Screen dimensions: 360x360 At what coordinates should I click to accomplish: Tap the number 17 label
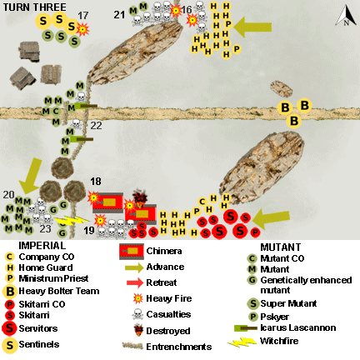coord(82,15)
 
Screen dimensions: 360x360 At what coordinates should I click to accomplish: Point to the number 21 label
coord(119,12)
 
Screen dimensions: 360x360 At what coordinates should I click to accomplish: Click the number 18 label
coord(96,182)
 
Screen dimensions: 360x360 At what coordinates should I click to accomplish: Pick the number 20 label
coord(8,194)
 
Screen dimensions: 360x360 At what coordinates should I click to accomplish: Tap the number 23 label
coord(45,227)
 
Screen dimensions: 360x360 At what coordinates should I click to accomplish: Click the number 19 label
coord(89,231)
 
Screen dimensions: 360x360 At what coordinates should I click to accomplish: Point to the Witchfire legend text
coord(283,342)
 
